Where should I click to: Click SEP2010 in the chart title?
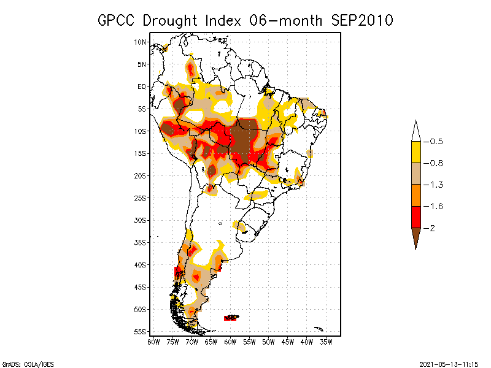pyautogui.click(x=361, y=20)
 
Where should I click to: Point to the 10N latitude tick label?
pyautogui.click(x=141, y=42)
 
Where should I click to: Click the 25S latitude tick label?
pyautogui.click(x=141, y=197)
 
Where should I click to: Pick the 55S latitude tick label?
pyautogui.click(x=141, y=332)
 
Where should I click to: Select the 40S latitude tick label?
pyautogui.click(x=141, y=265)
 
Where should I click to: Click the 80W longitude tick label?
pyautogui.click(x=154, y=341)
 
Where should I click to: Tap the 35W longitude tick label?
pyautogui.click(x=327, y=341)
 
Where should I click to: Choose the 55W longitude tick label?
pyautogui.click(x=250, y=341)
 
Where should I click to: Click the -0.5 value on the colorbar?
pyautogui.click(x=435, y=142)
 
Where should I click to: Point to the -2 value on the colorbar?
pyautogui.click(x=432, y=228)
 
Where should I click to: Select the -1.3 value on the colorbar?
pyautogui.click(x=435, y=185)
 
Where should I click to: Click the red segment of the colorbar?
pyautogui.click(x=416, y=217)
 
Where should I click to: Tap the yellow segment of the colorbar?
pyautogui.click(x=416, y=152)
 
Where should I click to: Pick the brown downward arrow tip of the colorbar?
pyautogui.click(x=416, y=240)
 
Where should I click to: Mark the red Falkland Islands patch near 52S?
pyautogui.click(x=231, y=318)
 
